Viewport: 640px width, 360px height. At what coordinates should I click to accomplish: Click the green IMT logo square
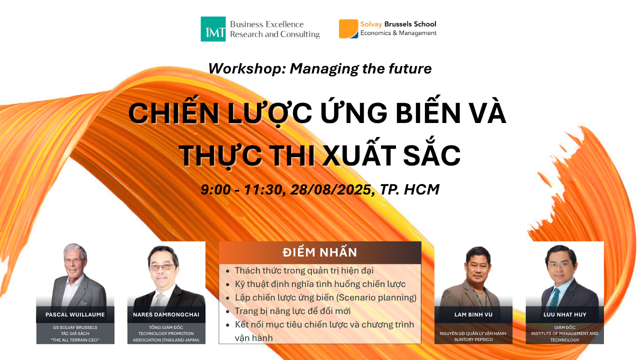tap(213, 29)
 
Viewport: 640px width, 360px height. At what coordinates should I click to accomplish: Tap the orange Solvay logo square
tap(348, 28)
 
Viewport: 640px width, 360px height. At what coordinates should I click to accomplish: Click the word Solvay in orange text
tap(371, 24)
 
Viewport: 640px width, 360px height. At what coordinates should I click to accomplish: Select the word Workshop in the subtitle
tap(247, 69)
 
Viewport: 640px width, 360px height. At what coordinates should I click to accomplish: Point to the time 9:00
tap(215, 189)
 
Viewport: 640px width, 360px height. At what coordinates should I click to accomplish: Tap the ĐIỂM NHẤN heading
tap(319, 252)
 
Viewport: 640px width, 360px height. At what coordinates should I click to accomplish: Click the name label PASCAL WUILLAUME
tap(75, 314)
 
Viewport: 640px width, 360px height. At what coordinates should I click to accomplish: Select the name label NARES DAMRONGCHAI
tap(166, 314)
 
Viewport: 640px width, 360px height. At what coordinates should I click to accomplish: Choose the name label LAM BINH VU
tap(473, 314)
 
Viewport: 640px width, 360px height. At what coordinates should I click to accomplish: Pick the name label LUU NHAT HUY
tap(565, 314)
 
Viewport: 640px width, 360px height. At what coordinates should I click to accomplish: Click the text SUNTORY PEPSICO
tap(473, 339)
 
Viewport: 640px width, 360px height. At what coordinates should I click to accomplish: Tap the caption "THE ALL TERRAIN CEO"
tap(75, 340)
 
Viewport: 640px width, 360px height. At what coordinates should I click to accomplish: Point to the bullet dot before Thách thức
tap(227, 271)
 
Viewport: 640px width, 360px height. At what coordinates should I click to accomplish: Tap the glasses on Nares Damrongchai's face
tap(161, 267)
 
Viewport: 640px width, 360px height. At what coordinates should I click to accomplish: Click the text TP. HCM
tap(409, 189)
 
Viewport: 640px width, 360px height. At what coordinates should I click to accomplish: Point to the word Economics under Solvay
tap(375, 33)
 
